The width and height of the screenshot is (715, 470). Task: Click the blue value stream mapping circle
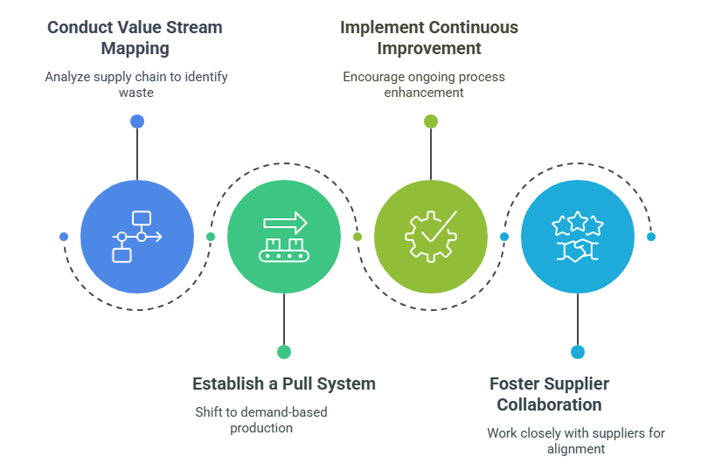click(x=137, y=237)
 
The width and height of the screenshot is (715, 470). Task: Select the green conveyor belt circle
click(x=284, y=237)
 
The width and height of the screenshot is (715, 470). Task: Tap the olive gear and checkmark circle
click(x=431, y=237)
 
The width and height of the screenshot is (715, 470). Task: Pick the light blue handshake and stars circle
click(x=578, y=237)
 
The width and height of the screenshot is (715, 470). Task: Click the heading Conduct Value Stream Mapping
click(x=135, y=38)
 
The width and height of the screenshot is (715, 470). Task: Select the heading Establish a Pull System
click(x=284, y=384)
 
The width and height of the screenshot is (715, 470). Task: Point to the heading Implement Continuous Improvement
click(x=428, y=38)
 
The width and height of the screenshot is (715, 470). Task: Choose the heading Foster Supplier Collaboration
click(x=549, y=394)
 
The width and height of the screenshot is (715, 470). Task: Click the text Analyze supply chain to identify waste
click(x=136, y=84)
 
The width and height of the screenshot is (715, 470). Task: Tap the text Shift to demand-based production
click(x=261, y=419)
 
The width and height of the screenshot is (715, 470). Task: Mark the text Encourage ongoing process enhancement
click(x=424, y=84)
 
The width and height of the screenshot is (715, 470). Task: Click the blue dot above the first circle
click(x=137, y=121)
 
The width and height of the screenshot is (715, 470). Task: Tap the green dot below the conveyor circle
click(x=284, y=352)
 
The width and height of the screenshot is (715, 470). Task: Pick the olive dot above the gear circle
click(x=431, y=121)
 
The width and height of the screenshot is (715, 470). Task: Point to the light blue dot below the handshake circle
click(x=578, y=352)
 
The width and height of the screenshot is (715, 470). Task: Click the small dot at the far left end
click(x=63, y=237)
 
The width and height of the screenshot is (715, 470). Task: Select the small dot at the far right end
click(x=651, y=237)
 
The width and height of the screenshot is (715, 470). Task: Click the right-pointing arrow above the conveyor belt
click(x=286, y=222)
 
